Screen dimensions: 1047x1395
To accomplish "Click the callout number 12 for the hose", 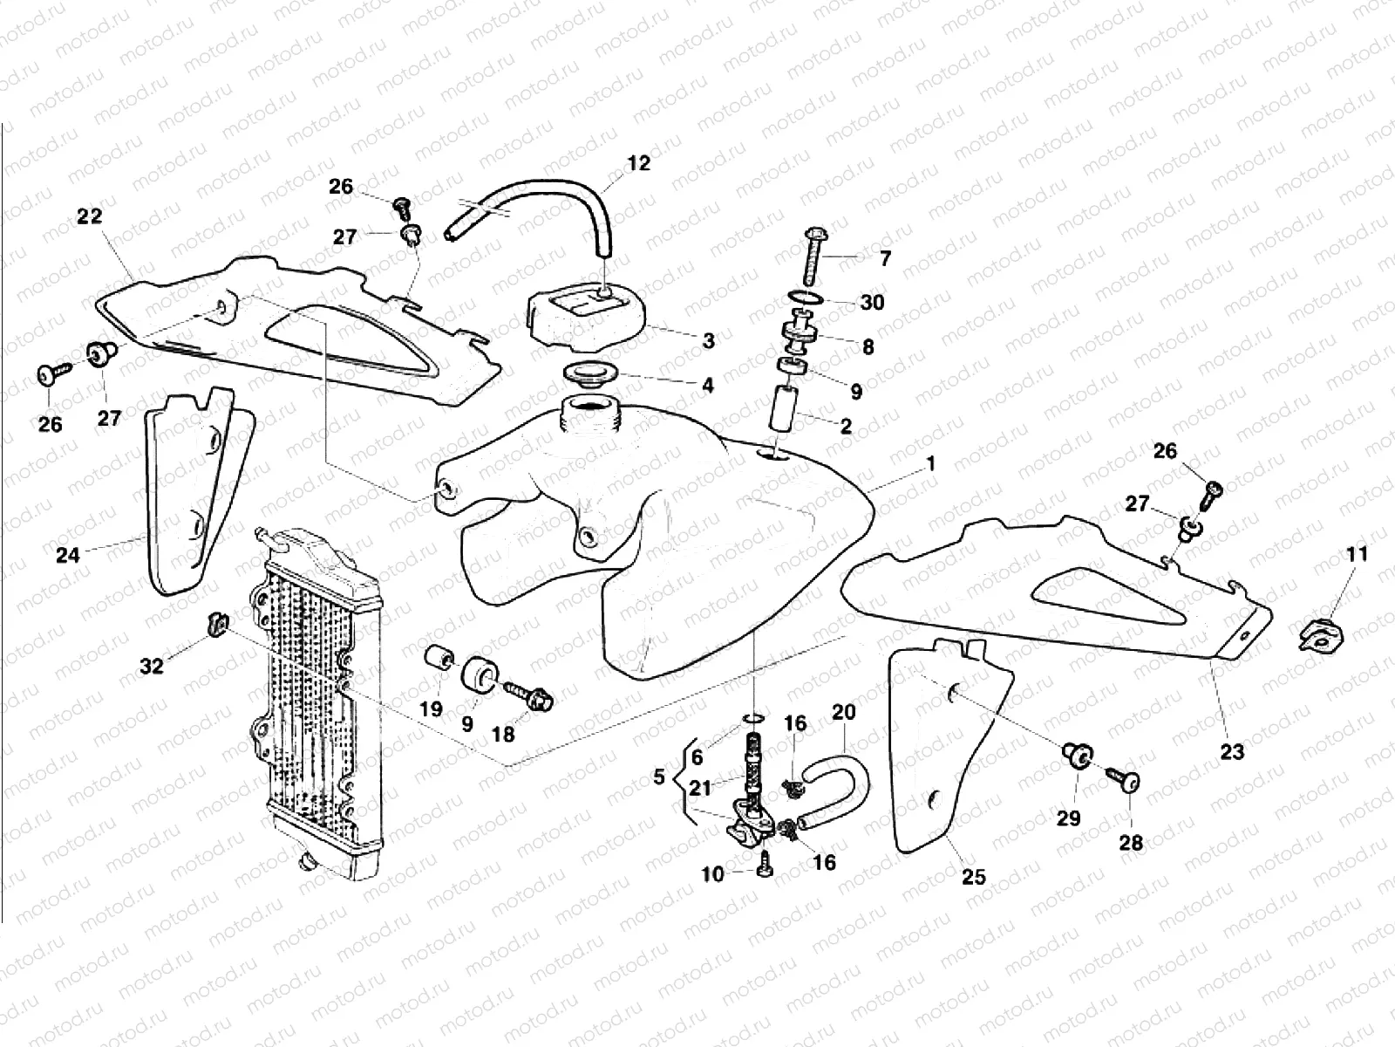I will coord(639,163).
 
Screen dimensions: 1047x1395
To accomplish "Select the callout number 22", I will coord(89,216).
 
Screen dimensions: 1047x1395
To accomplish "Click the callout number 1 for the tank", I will coord(930,464).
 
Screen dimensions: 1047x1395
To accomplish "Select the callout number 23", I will coord(1232,751).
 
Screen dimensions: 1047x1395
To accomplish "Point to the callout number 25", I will coord(973,876).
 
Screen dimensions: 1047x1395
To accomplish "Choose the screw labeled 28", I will coord(1125,782).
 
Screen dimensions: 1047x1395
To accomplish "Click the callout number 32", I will coord(152,667).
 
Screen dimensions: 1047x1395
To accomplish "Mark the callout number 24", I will coord(68,554).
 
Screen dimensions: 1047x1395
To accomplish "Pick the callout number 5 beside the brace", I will coord(659,777).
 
